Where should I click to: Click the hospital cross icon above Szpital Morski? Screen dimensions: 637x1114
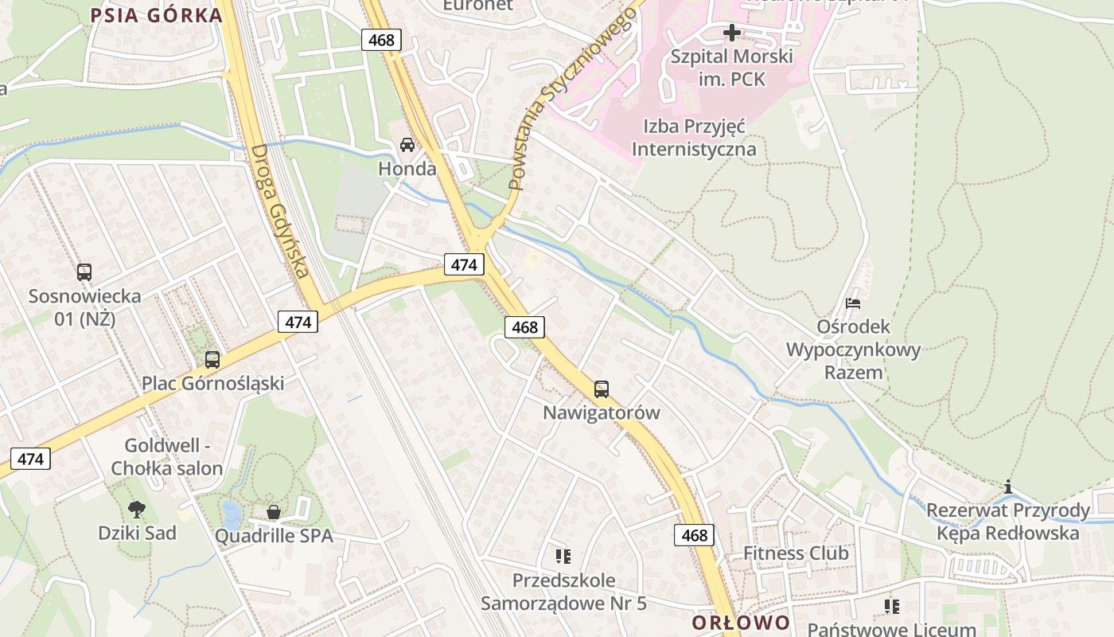click(x=731, y=33)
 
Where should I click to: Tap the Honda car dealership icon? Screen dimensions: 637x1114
click(x=407, y=145)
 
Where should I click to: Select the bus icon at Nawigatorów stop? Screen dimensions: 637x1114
click(x=602, y=389)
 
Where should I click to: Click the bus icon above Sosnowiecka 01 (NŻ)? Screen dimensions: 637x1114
click(x=84, y=272)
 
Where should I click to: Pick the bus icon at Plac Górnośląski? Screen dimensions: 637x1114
click(x=212, y=359)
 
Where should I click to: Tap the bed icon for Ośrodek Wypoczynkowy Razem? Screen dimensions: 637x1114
click(x=853, y=303)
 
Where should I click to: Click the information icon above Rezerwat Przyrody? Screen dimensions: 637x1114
click(x=1008, y=487)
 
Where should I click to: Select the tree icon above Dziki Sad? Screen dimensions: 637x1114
click(x=137, y=509)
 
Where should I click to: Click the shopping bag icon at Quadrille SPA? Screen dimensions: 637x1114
click(x=274, y=512)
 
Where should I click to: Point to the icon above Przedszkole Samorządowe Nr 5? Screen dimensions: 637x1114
click(x=563, y=556)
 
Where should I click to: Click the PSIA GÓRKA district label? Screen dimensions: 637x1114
click(x=156, y=15)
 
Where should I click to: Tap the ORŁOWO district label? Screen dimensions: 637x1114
click(x=741, y=623)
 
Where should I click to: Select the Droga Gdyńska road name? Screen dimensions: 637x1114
click(x=278, y=211)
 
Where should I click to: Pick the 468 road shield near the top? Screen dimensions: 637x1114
click(x=381, y=39)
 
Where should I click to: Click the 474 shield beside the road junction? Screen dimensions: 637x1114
click(x=464, y=264)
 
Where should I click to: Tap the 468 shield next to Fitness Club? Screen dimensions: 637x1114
click(x=694, y=535)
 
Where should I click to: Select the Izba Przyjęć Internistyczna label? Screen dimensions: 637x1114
click(x=694, y=137)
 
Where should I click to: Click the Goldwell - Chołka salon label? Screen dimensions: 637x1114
click(x=166, y=457)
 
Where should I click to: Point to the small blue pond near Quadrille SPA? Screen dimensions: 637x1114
click(x=231, y=514)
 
